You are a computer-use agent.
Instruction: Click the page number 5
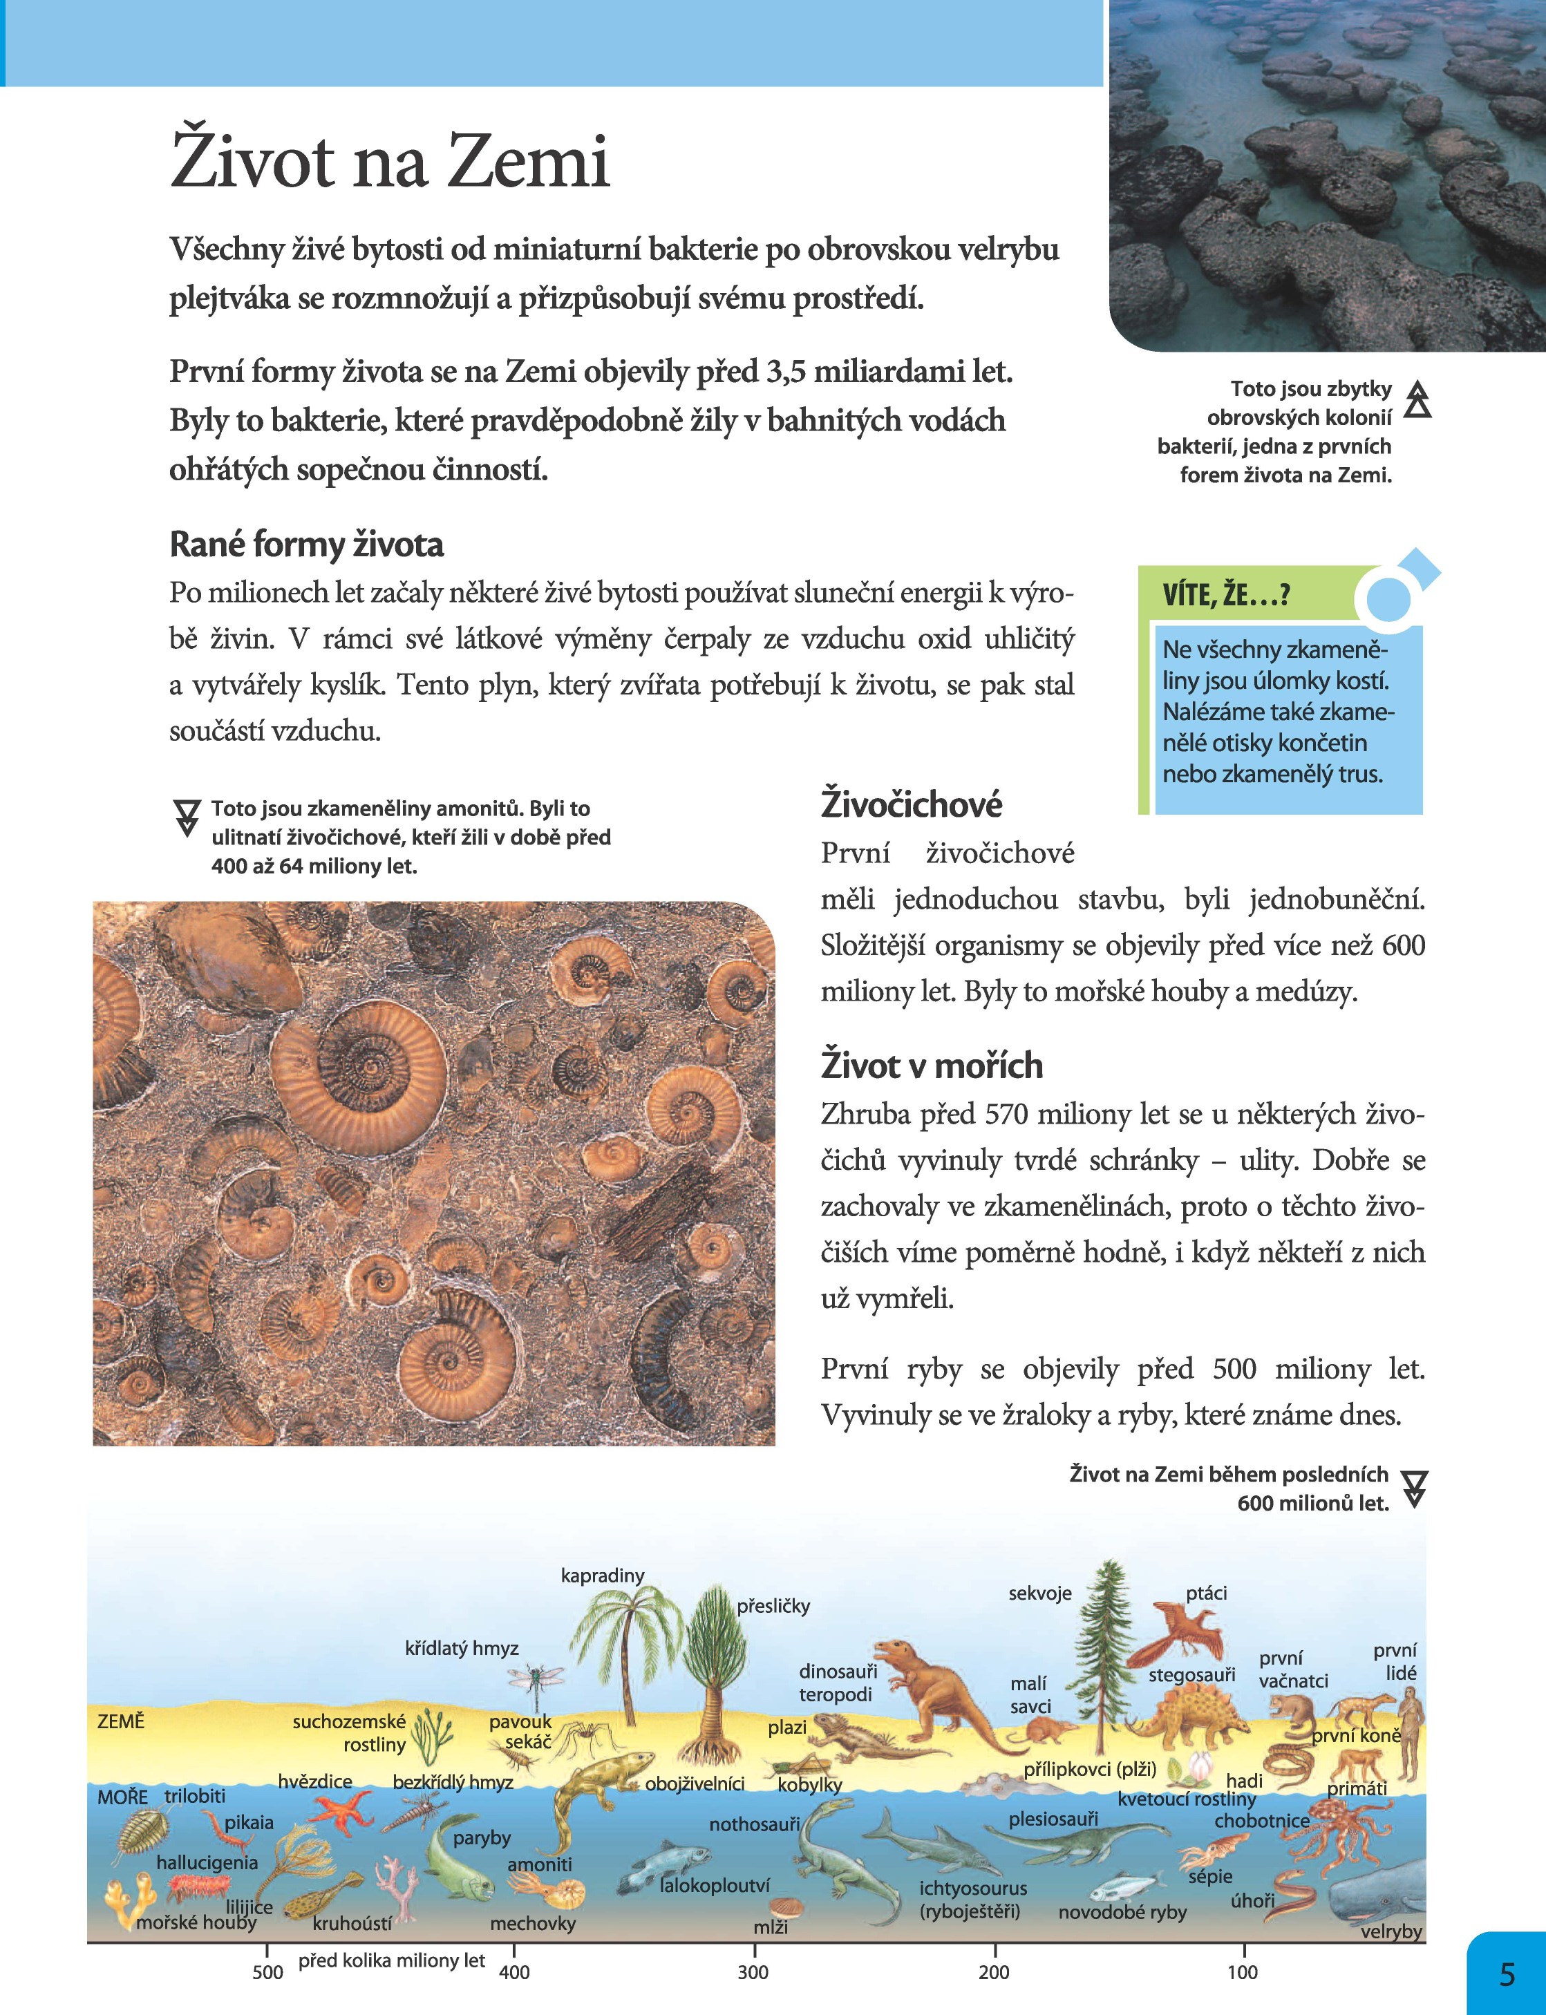[1507, 1974]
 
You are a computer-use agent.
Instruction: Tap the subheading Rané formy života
[306, 545]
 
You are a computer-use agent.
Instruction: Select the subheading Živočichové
[911, 804]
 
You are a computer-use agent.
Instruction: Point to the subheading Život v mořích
[932, 1066]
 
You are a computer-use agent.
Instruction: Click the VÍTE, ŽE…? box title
[1226, 595]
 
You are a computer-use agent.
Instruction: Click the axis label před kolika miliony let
[391, 1960]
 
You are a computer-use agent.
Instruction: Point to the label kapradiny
[603, 1576]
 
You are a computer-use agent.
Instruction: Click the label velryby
[1391, 1931]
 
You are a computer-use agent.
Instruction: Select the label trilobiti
[194, 1795]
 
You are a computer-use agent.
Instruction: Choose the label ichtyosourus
[972, 1888]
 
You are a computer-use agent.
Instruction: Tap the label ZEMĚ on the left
[120, 1721]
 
